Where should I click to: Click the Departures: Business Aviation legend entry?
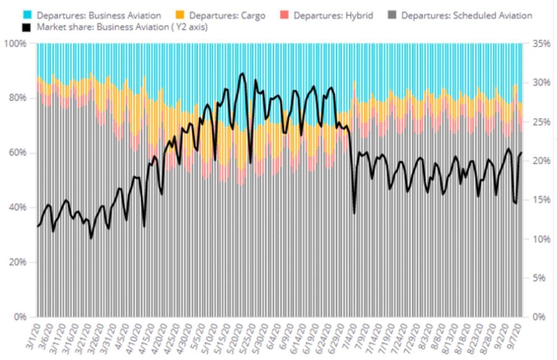point(98,15)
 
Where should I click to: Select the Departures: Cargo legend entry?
point(227,15)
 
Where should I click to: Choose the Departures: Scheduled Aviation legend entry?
point(466,15)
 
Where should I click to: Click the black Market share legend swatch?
point(27,26)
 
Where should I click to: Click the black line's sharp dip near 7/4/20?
point(354,213)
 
